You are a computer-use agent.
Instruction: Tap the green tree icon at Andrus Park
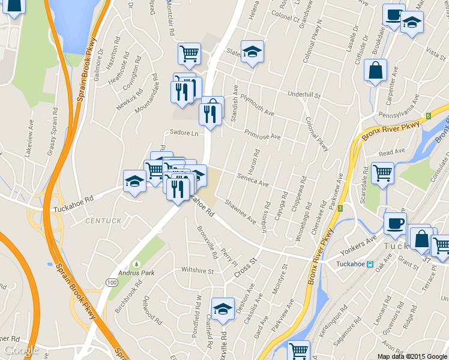coord(136,264)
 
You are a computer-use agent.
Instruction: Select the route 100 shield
coord(112,282)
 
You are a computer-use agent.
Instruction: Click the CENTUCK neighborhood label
coord(103,221)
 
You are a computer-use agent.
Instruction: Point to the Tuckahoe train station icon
coord(370,264)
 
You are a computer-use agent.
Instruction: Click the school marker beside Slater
coord(253,52)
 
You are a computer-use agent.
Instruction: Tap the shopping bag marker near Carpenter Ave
coord(375,70)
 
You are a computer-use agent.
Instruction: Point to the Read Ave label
coord(388,154)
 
